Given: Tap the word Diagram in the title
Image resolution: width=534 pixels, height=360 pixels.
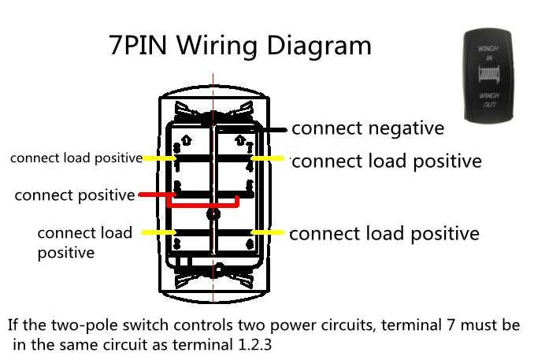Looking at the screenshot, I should click(319, 46).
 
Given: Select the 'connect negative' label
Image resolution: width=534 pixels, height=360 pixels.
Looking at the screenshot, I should click(368, 128).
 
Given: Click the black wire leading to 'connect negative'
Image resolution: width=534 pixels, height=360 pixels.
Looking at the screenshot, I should click(276, 128).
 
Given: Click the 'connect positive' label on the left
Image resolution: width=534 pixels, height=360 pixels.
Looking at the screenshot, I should click(75, 195).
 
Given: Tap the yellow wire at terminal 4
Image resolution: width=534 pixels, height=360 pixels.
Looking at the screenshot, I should click(267, 158).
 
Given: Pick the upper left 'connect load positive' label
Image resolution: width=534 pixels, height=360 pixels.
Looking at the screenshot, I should click(76, 158).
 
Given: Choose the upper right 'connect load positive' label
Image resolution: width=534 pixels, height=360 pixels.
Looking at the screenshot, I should click(386, 161).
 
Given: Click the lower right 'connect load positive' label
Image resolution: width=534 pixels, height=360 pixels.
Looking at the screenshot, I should click(384, 234).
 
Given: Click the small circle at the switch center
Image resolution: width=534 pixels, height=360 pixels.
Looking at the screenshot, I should click(211, 213).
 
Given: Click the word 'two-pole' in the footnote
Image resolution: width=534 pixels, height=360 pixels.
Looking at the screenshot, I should click(88, 325).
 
